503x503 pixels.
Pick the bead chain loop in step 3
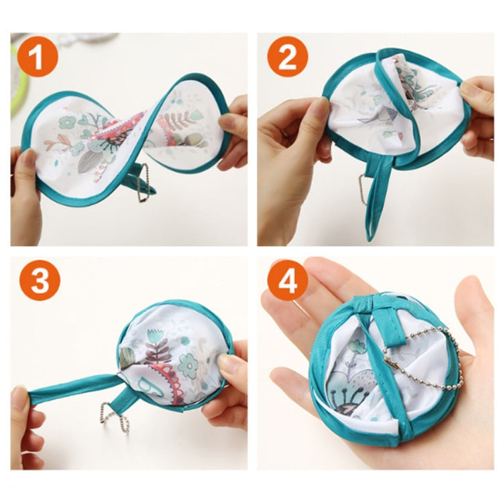[114, 417]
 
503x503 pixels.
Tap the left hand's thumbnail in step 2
[321, 107]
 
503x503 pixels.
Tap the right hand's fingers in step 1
[235, 127]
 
